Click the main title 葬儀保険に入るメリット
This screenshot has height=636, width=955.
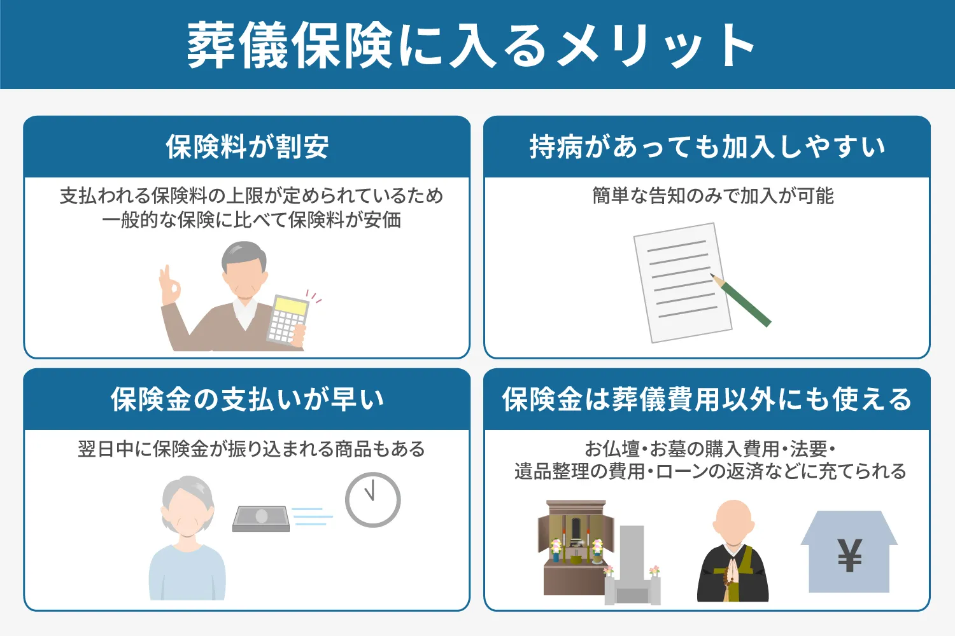471,46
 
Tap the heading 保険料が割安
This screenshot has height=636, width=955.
247,147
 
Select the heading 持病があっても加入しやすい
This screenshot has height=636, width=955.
707,147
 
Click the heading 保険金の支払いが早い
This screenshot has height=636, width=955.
247,399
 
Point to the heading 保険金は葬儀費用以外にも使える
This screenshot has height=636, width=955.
707,399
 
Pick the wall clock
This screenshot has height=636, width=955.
372,499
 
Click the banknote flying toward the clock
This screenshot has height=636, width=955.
261,518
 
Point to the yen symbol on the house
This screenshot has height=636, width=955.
849,555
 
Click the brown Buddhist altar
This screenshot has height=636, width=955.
573,547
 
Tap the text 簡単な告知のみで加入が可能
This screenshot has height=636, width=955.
712,196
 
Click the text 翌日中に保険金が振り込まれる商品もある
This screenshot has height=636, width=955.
251,449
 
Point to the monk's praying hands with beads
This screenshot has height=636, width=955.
733,572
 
